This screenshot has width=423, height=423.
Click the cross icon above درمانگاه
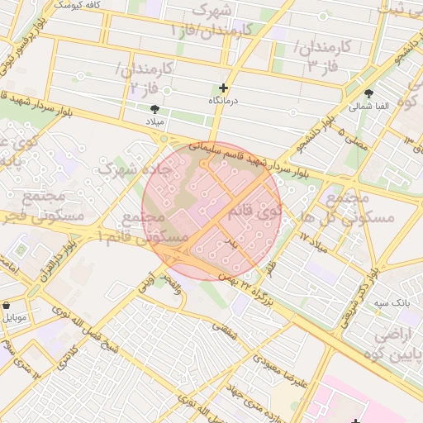[223, 88]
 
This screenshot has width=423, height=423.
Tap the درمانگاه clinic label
[223, 100]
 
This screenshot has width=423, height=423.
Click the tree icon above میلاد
[155, 109]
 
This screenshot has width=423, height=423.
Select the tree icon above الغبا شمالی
[368, 93]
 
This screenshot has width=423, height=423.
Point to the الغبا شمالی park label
[368, 106]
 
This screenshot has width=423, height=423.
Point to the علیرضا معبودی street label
[281, 374]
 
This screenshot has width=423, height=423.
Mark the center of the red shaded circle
[212, 210]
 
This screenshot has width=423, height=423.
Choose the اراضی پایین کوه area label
[397, 345]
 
